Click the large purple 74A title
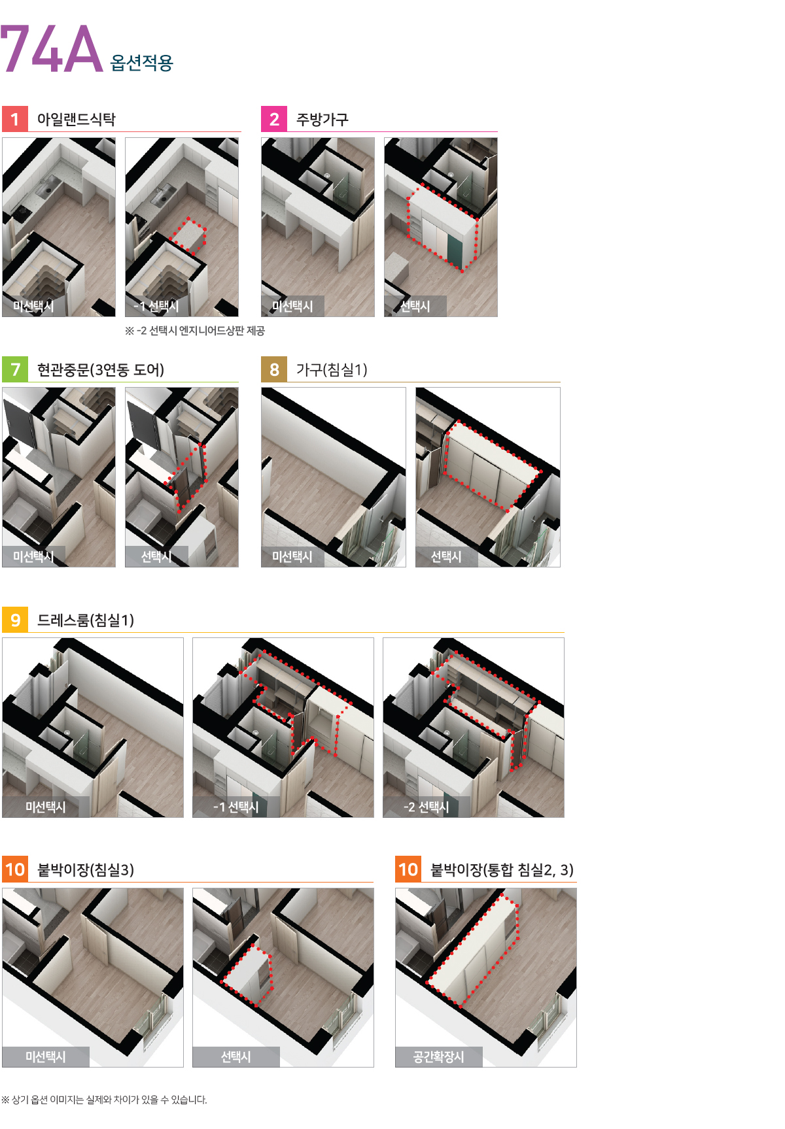coord(52,48)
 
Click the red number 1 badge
coord(15,119)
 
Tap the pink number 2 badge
coord(274,119)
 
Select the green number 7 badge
coord(15,369)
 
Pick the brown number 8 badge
coord(274,369)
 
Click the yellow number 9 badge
coord(15,620)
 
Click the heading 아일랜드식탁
coord(77,119)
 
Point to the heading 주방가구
coord(323,119)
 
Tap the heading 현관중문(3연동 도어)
coord(101,370)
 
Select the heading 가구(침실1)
coord(332,370)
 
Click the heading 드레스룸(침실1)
coord(86,620)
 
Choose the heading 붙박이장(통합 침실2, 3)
coord(502,870)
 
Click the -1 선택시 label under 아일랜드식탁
coord(156,306)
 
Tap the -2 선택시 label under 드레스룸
coord(427,807)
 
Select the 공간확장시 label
coord(438,1056)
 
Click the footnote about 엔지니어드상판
coord(195,331)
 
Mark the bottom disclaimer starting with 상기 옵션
coord(104,1100)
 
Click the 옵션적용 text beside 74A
coord(142,63)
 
